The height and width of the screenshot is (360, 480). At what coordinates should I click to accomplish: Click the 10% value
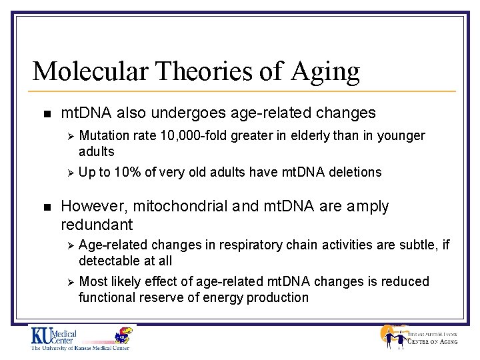coord(127,173)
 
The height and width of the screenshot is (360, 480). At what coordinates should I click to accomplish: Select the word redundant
coord(97,225)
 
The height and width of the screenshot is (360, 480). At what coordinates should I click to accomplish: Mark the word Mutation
coord(103,136)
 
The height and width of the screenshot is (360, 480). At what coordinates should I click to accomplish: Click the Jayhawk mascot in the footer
coord(121,337)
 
